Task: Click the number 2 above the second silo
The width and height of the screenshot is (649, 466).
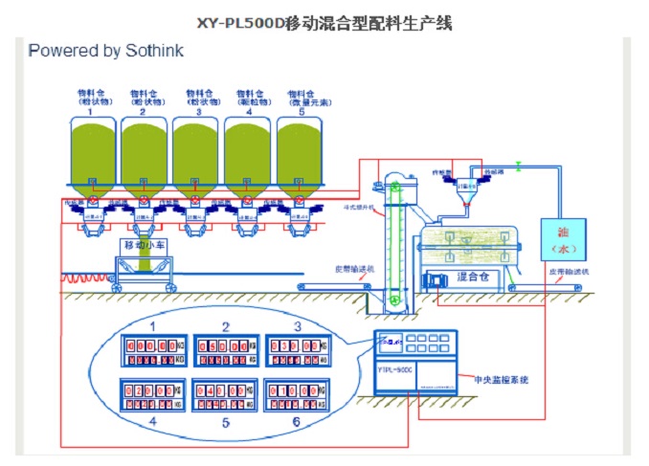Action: click(144, 112)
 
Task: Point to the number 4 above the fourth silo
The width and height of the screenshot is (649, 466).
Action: click(248, 112)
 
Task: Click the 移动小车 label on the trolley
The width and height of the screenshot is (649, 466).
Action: click(143, 245)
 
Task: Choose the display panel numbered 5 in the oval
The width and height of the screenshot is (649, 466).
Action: click(226, 397)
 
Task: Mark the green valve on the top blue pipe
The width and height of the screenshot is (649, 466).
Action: click(516, 165)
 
